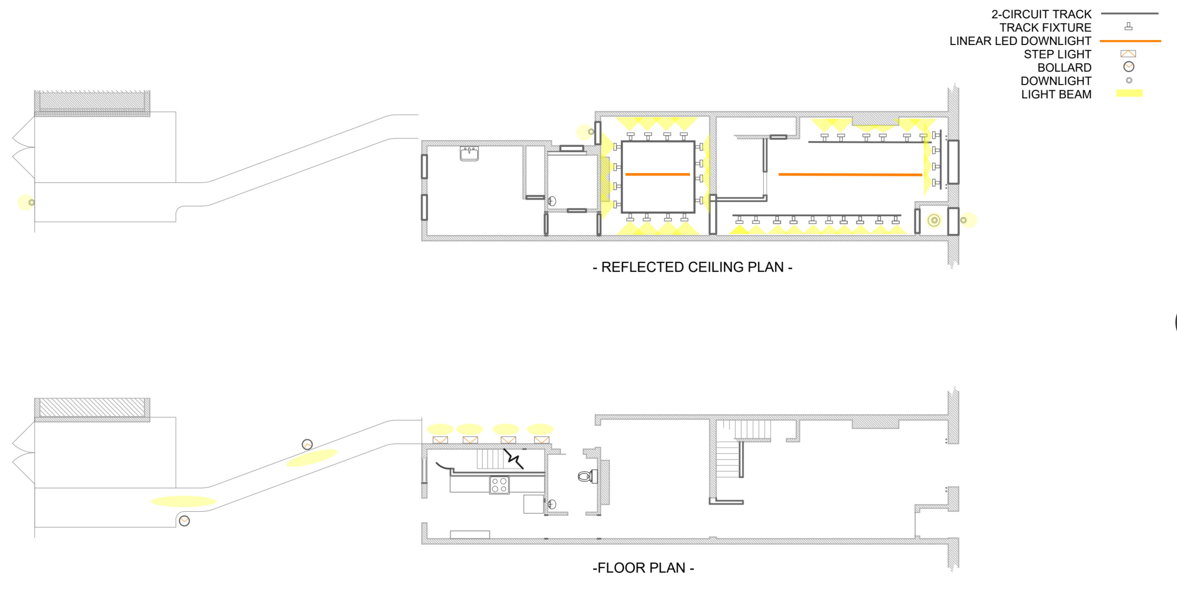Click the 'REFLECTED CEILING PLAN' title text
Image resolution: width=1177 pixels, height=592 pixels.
[692, 267]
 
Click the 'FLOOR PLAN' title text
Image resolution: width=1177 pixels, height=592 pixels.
[643, 568]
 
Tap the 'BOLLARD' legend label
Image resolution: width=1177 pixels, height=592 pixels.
[1064, 68]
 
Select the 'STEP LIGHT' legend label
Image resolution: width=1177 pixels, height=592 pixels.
[1057, 54]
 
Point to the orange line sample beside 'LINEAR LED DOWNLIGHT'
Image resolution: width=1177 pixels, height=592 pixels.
[1130, 41]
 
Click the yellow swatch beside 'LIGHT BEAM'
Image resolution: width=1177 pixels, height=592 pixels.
[1129, 93]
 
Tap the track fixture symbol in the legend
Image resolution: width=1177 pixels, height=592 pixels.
[1128, 27]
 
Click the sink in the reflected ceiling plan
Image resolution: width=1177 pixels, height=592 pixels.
[469, 154]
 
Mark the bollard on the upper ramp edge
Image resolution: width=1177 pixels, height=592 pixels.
[307, 444]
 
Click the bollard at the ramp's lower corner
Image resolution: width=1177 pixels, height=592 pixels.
[184, 521]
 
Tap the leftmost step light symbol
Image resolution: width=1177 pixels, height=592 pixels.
[440, 440]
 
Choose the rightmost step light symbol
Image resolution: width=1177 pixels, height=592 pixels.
[542, 440]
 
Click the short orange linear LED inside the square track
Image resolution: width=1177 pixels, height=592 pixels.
[657, 174]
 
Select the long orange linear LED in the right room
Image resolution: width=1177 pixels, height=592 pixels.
[850, 174]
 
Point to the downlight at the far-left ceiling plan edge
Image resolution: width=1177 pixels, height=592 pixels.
[31, 202]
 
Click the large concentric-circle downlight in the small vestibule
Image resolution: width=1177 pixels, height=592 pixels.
[934, 220]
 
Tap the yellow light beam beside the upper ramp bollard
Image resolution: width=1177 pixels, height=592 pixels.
[312, 458]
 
